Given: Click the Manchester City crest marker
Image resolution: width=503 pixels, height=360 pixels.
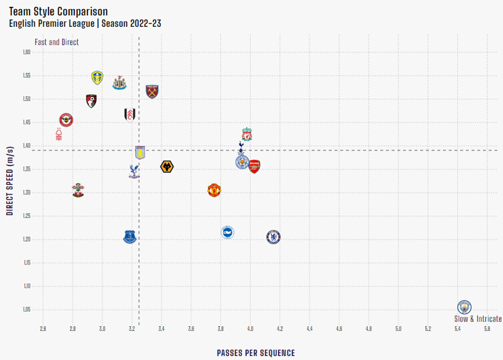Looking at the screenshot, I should coord(464,307).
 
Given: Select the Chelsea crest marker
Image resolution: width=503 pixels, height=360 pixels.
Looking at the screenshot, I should coord(273,237).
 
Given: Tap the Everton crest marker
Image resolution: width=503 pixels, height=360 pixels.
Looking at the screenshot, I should coord(130,237).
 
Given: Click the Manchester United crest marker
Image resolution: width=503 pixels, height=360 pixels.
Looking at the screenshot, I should coord(213,190).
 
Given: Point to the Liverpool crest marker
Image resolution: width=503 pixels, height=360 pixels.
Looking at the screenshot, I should coord(247,134).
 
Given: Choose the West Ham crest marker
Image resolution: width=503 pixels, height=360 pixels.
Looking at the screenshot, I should coord(152,91).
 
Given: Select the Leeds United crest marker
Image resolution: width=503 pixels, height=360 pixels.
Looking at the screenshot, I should coord(97,77).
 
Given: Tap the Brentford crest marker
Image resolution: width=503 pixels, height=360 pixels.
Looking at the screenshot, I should coord(67,120).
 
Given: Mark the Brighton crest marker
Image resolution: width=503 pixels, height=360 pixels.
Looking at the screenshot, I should coord(227,233).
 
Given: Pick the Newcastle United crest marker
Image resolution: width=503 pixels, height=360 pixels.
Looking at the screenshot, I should coord(119,83).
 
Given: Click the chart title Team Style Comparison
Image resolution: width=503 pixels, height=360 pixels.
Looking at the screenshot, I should coord(58,11).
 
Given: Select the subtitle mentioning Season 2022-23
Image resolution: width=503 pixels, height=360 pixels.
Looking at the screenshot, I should coord(85,23).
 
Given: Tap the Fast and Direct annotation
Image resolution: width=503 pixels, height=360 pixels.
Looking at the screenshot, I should coord(57,42).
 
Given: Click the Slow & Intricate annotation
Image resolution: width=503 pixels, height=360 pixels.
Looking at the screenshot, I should coord(477,319).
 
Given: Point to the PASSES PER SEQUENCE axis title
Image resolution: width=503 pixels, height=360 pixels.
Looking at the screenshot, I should coord(256,353).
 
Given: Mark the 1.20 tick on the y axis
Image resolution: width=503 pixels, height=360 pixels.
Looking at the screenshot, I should coord(26,239).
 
